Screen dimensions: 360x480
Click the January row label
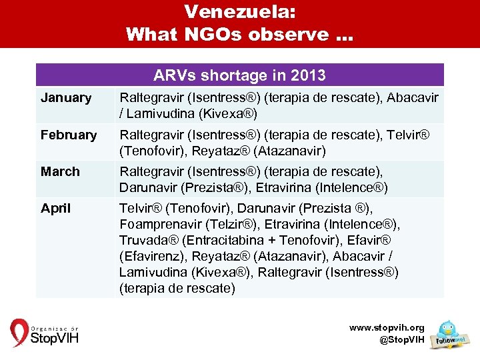pyautogui.click(x=65, y=98)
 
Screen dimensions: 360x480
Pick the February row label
pyautogui.click(x=69, y=135)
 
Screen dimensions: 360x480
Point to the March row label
pyautogui.click(x=60, y=171)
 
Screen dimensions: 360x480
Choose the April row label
pyautogui.click(x=55, y=208)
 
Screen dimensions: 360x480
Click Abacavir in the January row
pyautogui.click(x=413, y=98)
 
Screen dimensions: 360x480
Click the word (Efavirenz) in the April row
pyautogui.click(x=151, y=256)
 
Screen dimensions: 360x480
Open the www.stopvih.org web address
pyautogui.click(x=387, y=328)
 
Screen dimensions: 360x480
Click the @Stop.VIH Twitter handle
pyautogui.click(x=401, y=340)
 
